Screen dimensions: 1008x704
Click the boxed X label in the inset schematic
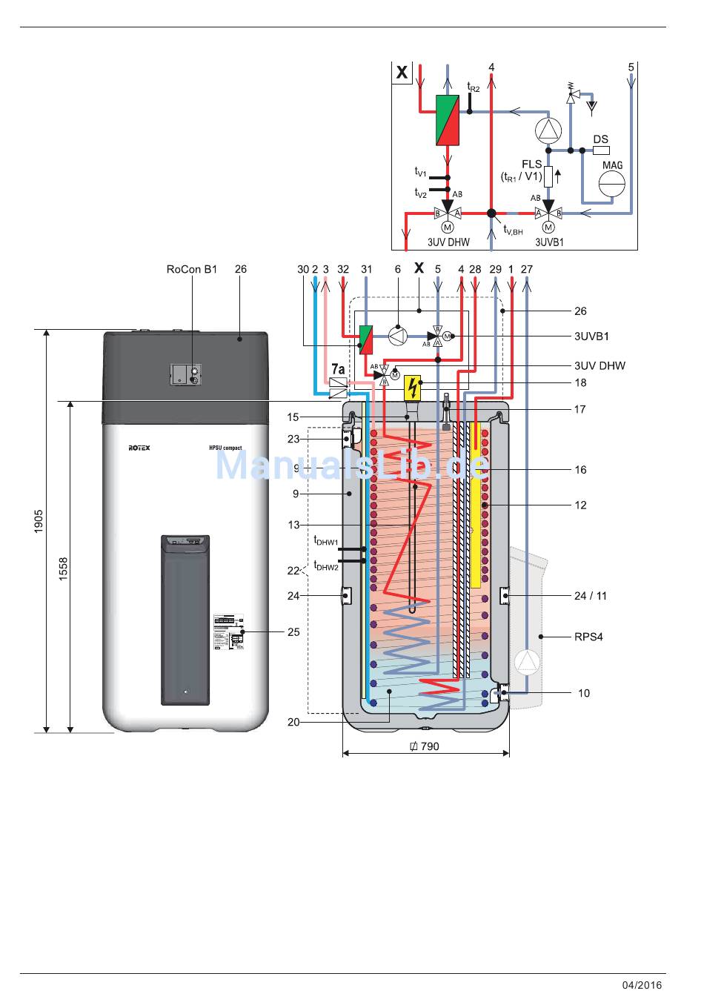coord(402,73)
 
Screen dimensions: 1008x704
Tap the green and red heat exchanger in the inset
coord(447,120)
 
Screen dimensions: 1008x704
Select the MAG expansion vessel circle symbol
coord(612,183)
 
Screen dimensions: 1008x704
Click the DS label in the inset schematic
coord(600,139)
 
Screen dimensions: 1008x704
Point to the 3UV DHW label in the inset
coord(448,242)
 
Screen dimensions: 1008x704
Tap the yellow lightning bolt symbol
coord(413,386)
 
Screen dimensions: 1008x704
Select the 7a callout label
coord(338,368)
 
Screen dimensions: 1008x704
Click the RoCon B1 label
coord(191,270)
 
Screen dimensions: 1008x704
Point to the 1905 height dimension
coord(39,520)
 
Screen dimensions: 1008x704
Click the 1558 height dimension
coord(64,569)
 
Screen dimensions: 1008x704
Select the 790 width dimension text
coord(425,746)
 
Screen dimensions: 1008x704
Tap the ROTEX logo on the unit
coord(139,448)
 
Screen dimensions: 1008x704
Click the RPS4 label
coord(588,637)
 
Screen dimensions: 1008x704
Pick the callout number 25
coord(293,632)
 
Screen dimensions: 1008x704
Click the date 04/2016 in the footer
coord(642,985)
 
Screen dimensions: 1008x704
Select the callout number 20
coord(293,722)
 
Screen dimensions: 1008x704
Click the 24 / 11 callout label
coord(590,596)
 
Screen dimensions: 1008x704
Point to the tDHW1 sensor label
coord(325,542)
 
